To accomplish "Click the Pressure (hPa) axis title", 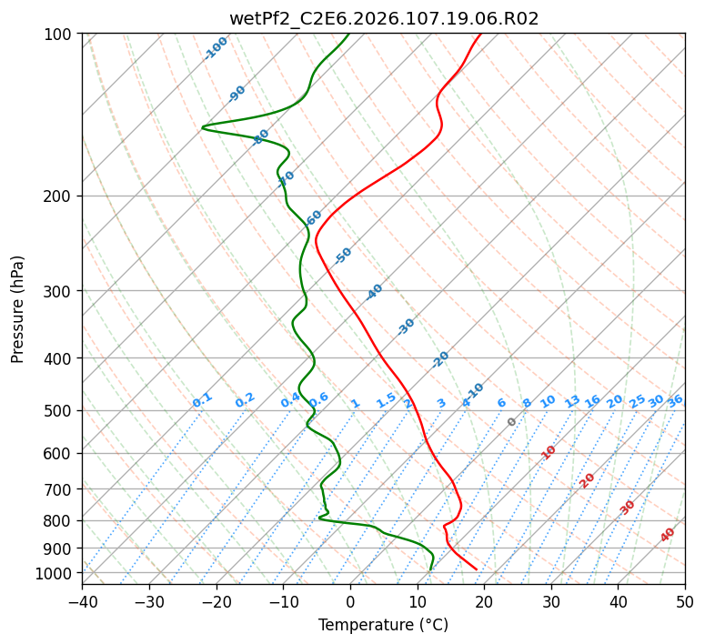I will click(x=18, y=309).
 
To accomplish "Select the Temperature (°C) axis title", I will click(x=383, y=625).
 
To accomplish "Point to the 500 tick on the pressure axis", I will click(x=59, y=410).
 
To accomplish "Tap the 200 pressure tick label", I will click(x=59, y=196).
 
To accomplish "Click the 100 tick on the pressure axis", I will click(x=59, y=34).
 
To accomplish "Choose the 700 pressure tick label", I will click(x=59, y=489).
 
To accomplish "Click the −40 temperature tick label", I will click(x=82, y=601).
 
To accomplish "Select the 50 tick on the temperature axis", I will click(x=685, y=601).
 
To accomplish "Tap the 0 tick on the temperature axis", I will click(x=350, y=601).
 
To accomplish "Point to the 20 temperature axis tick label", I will click(x=484, y=601).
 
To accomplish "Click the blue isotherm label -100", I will click(x=216, y=47).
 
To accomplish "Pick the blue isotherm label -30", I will click(x=406, y=327).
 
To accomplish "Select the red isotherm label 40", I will click(x=668, y=535).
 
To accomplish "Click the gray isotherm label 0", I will click(x=512, y=422).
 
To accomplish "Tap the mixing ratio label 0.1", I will click(x=202, y=399).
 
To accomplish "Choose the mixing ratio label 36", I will click(x=675, y=400).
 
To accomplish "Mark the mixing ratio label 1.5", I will click(x=386, y=399).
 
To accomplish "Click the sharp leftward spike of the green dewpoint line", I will click(x=203, y=127).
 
